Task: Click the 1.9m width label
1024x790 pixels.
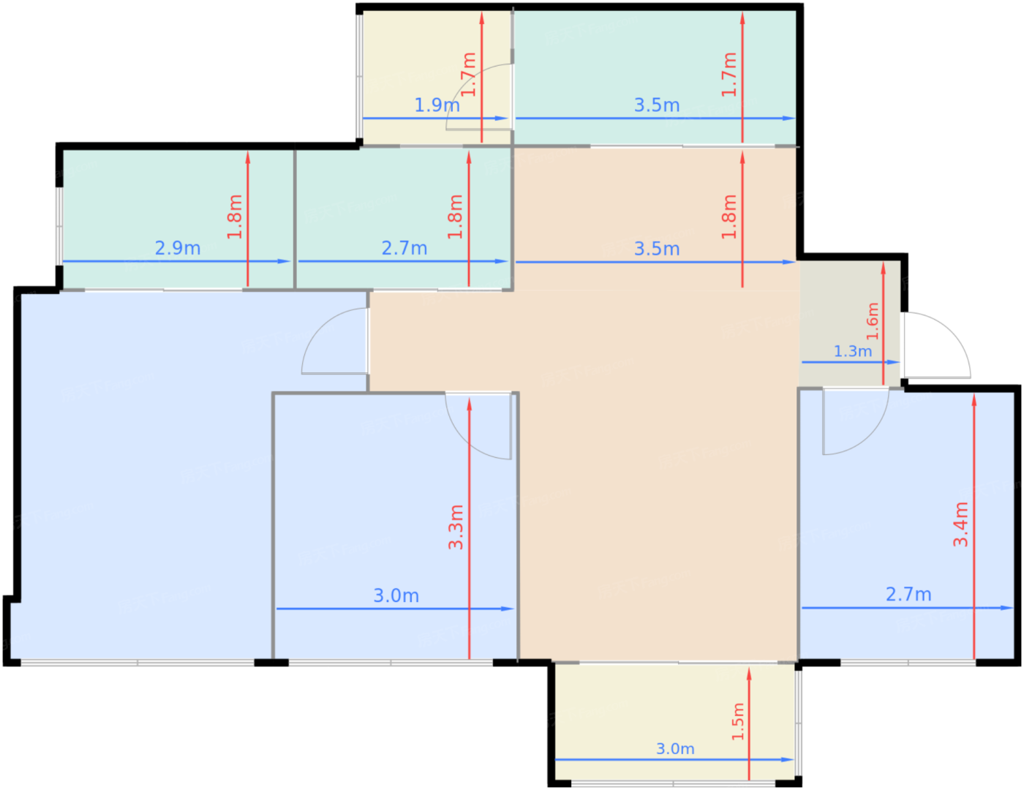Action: [437, 105]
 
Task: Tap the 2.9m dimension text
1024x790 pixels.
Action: [178, 248]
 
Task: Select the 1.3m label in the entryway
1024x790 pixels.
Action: [852, 351]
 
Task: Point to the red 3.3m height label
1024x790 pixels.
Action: [456, 527]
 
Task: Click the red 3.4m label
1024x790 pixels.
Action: [960, 524]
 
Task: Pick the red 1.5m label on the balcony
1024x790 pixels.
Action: [738, 722]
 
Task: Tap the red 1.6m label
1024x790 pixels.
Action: [873, 321]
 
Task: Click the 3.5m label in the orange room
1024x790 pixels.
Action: [656, 249]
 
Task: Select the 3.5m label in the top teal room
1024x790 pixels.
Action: [656, 105]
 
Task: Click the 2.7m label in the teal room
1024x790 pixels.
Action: [404, 248]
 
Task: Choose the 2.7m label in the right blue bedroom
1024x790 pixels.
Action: [908, 594]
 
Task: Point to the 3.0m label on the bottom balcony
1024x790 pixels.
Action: [675, 748]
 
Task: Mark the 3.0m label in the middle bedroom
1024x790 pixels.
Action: [396, 595]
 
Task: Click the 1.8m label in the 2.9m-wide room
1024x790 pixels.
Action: [234, 217]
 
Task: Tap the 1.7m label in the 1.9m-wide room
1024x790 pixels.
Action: [468, 75]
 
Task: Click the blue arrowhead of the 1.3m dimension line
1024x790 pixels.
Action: [894, 362]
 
